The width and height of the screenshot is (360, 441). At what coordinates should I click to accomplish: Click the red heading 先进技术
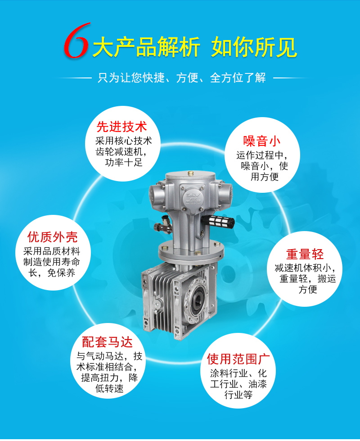click(121, 127)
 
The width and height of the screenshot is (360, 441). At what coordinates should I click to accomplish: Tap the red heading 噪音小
click(262, 141)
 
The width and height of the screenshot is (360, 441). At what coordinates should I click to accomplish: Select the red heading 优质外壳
click(53, 237)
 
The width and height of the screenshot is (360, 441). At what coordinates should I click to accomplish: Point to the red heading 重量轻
click(305, 254)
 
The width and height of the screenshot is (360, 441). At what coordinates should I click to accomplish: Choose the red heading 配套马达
click(108, 342)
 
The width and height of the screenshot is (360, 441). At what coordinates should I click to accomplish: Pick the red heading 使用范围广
click(238, 359)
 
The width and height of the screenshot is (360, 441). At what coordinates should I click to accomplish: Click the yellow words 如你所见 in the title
click(254, 47)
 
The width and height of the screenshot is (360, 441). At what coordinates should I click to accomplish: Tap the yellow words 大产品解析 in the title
click(146, 47)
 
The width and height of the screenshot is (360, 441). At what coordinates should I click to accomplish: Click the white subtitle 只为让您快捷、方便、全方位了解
click(181, 78)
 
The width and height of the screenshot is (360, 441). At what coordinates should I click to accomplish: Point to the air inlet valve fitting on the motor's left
click(163, 225)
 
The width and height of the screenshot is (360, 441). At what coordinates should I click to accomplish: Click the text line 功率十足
click(124, 163)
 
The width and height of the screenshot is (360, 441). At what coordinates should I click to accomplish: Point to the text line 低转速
click(109, 389)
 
